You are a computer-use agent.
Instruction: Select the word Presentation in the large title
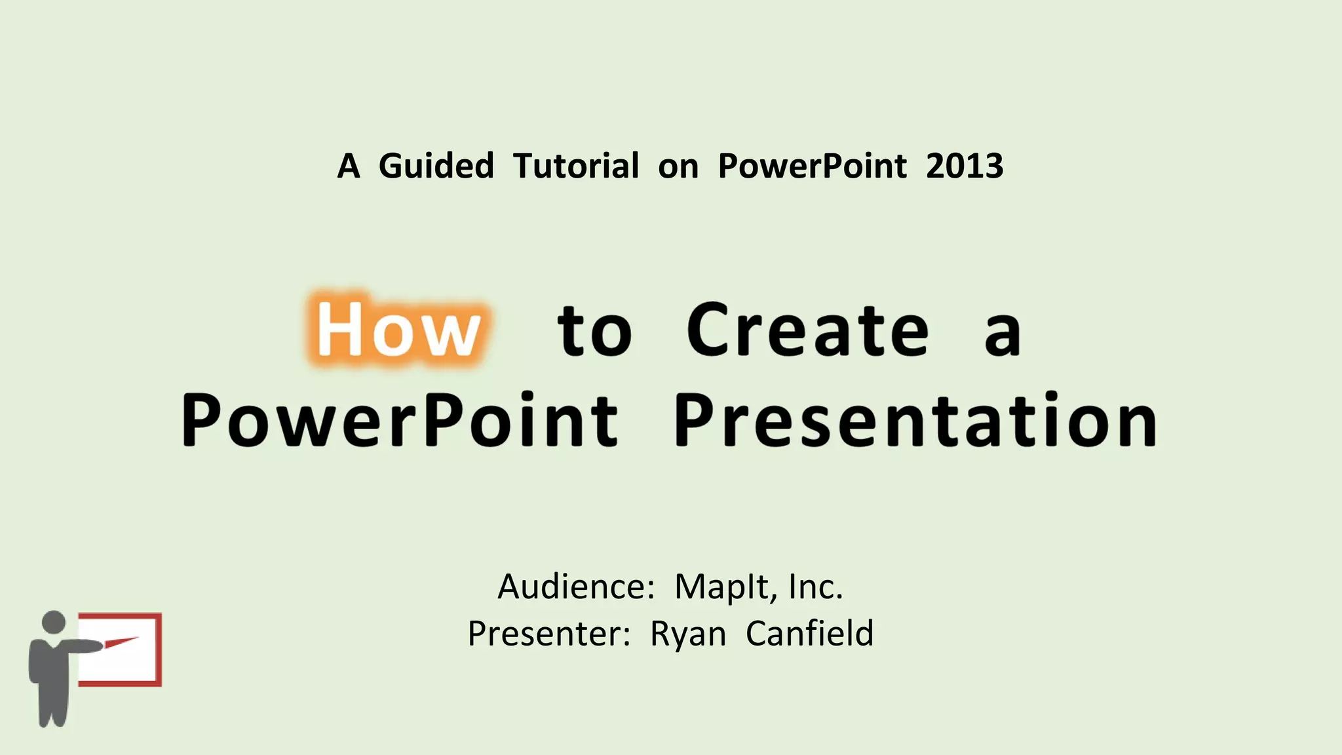pos(915,420)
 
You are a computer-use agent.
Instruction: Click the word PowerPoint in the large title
pos(399,420)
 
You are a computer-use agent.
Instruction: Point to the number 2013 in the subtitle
pos(964,166)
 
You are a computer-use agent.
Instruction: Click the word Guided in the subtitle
pos(436,166)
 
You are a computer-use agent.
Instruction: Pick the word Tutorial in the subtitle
pos(575,166)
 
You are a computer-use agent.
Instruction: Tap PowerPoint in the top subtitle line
pos(812,166)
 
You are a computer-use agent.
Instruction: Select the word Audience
pos(575,586)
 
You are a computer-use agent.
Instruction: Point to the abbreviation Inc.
pos(816,586)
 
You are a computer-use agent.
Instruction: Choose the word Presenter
pos(548,633)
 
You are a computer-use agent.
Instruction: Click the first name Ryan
pos(688,634)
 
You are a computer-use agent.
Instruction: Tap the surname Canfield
pos(809,633)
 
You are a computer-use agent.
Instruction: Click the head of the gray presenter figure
pos(53,622)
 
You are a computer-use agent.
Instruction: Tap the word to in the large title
pos(594,331)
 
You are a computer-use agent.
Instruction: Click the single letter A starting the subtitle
pos(349,166)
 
